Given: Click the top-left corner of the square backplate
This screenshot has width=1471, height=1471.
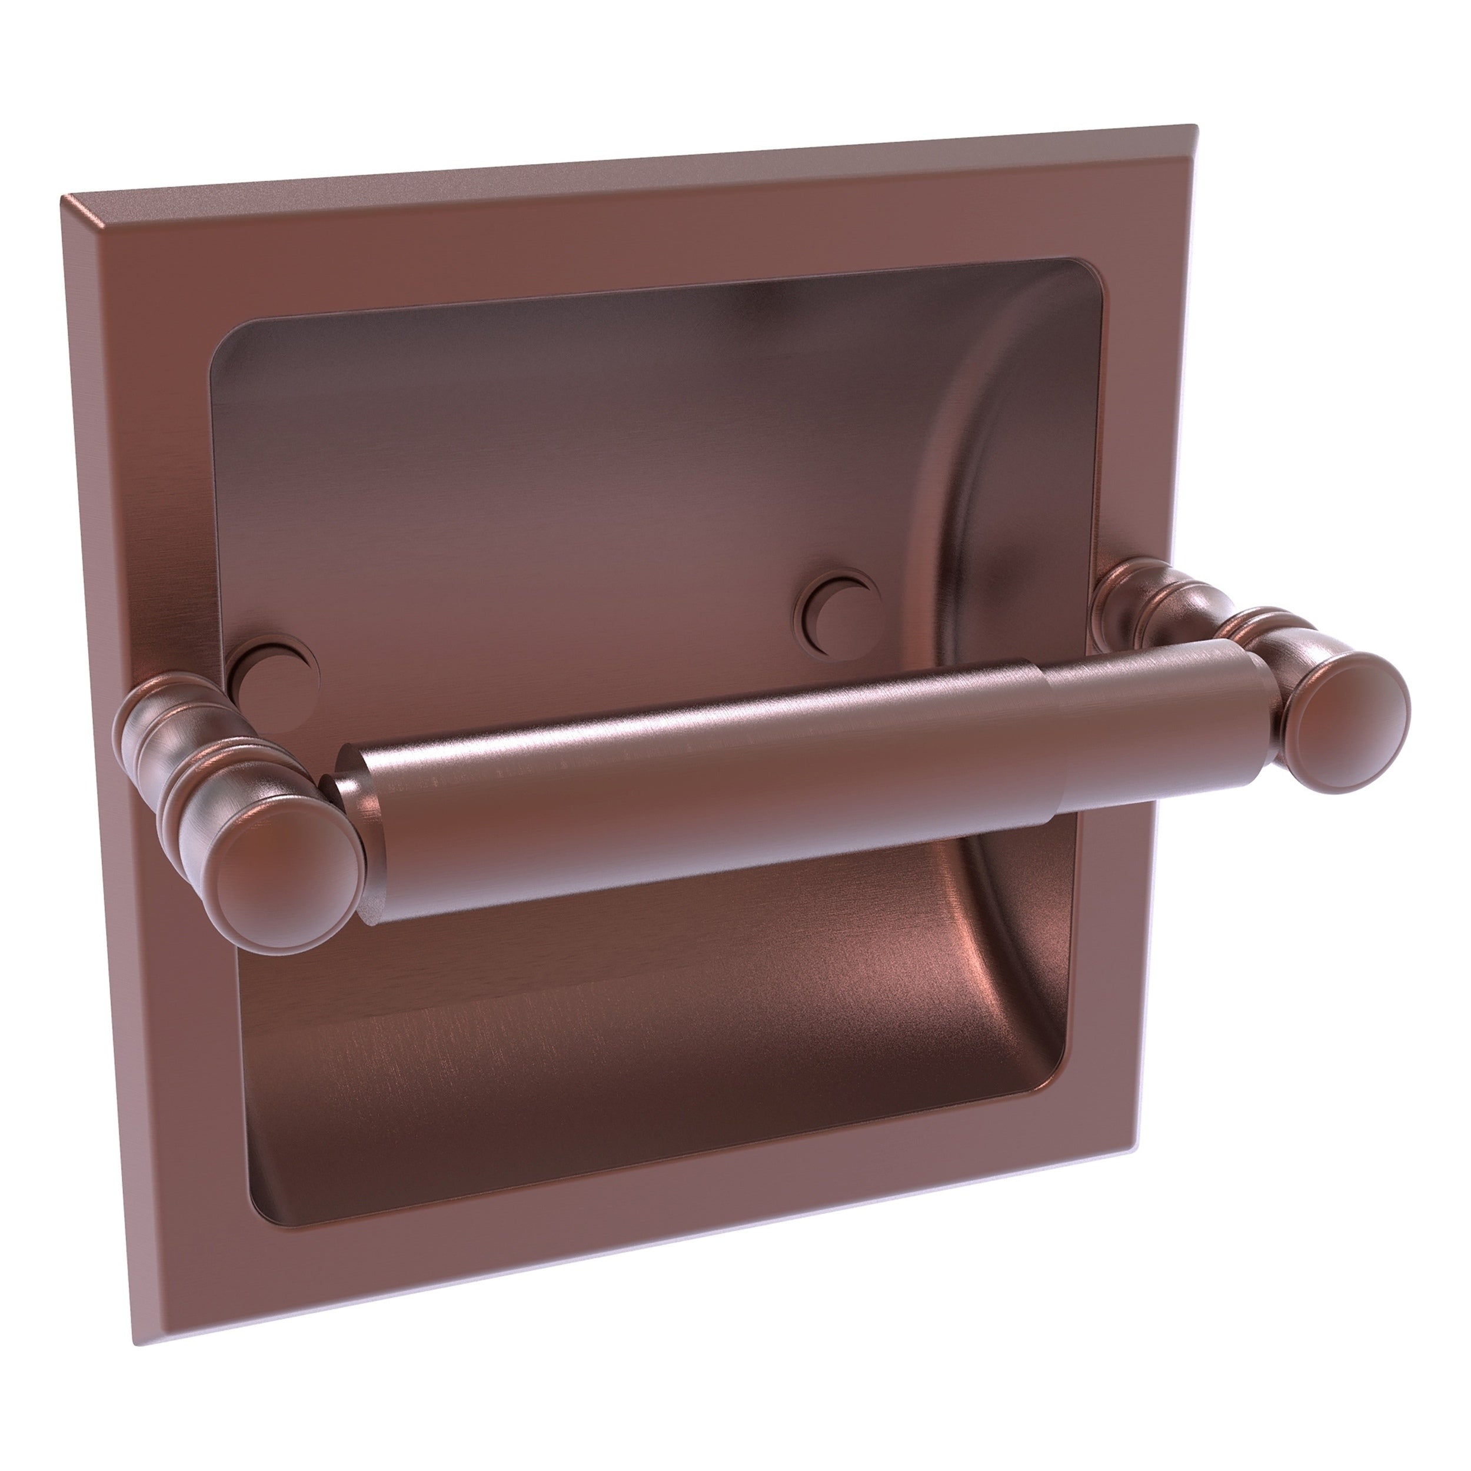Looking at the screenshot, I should (x=64, y=199).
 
